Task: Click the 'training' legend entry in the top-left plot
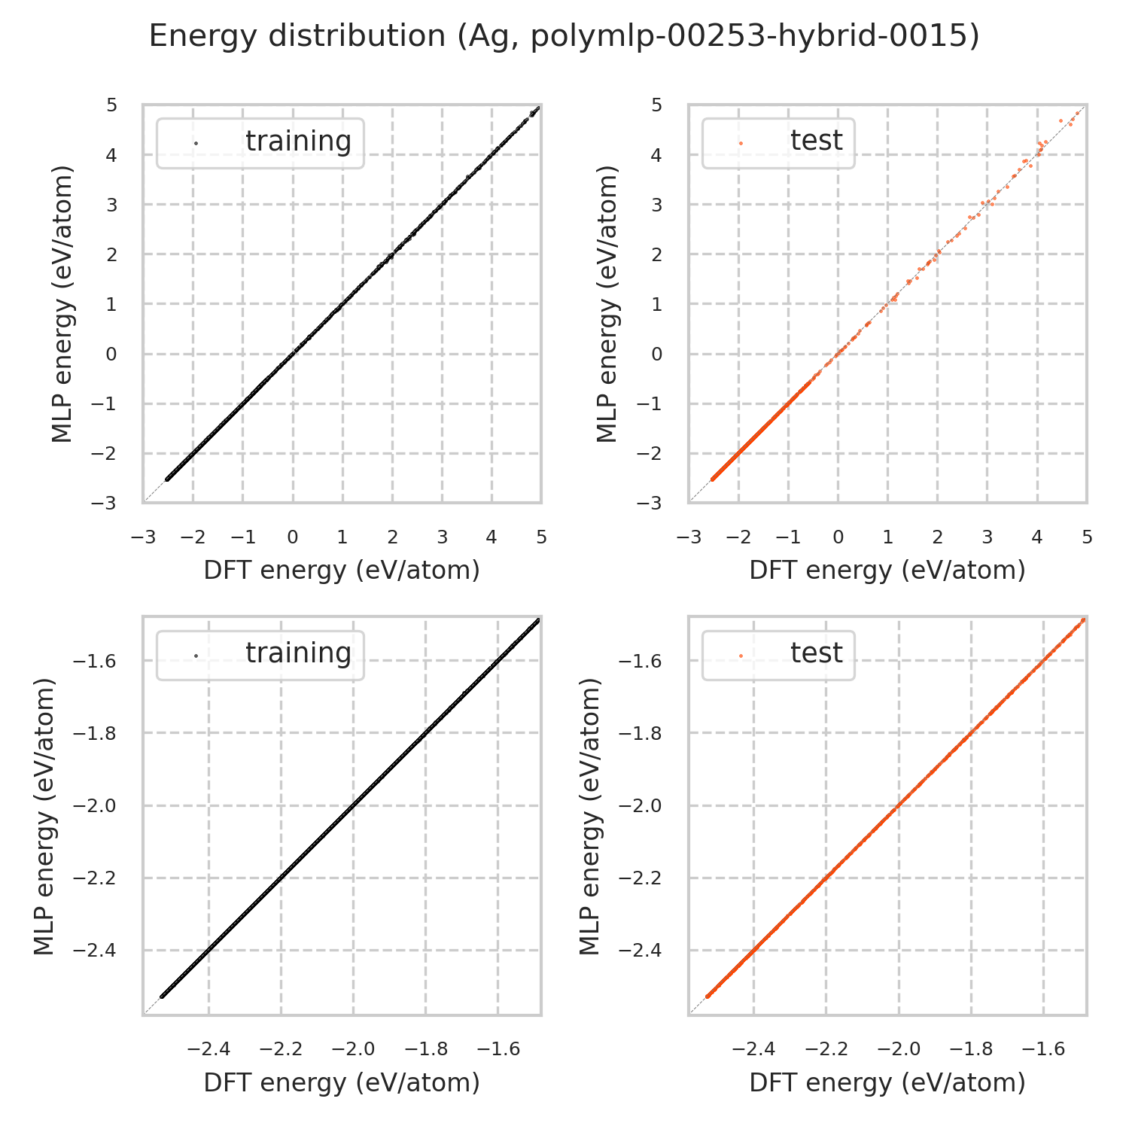click(298, 142)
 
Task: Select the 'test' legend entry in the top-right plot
click(816, 141)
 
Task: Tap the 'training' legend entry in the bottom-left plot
click(298, 653)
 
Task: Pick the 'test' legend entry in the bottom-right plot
click(816, 653)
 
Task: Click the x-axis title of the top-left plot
click(342, 571)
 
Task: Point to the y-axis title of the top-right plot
click(607, 303)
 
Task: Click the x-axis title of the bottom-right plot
click(887, 1082)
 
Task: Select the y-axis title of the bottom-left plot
click(45, 816)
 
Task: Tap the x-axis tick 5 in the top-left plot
click(541, 537)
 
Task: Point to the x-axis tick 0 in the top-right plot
click(838, 537)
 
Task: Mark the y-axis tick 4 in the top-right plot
click(656, 155)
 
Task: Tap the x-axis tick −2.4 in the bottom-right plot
click(753, 1049)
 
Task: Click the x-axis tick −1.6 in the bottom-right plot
click(1043, 1049)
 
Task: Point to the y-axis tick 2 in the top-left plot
click(111, 254)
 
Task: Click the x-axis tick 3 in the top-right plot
click(987, 537)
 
